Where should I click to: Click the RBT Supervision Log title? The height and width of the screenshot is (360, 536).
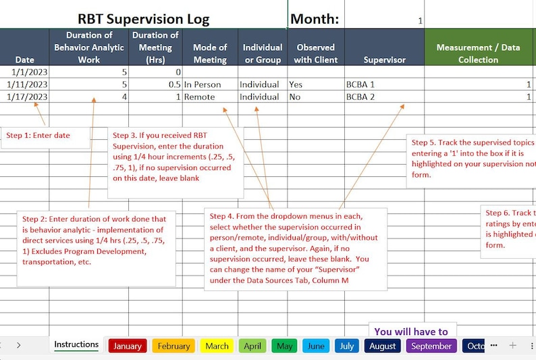point(143,19)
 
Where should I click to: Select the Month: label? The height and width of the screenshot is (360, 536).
point(315,19)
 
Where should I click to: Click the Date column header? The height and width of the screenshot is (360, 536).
point(24,59)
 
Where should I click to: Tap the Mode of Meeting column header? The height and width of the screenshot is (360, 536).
point(210,53)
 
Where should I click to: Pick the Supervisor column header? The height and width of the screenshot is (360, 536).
point(384,59)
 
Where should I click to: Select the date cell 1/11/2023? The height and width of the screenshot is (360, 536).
point(26,84)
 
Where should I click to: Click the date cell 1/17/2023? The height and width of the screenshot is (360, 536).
point(26,97)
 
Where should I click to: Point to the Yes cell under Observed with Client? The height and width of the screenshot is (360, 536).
point(296,84)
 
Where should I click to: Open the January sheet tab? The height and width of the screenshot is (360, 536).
point(128,346)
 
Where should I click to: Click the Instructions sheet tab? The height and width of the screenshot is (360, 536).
point(76,344)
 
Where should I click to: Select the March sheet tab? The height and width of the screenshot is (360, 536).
point(217,346)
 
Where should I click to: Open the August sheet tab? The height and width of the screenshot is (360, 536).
point(383,346)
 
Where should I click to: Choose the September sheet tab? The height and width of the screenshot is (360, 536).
point(431,346)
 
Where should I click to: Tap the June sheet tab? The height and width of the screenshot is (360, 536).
point(316,346)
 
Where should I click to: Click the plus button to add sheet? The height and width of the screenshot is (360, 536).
point(512,345)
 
